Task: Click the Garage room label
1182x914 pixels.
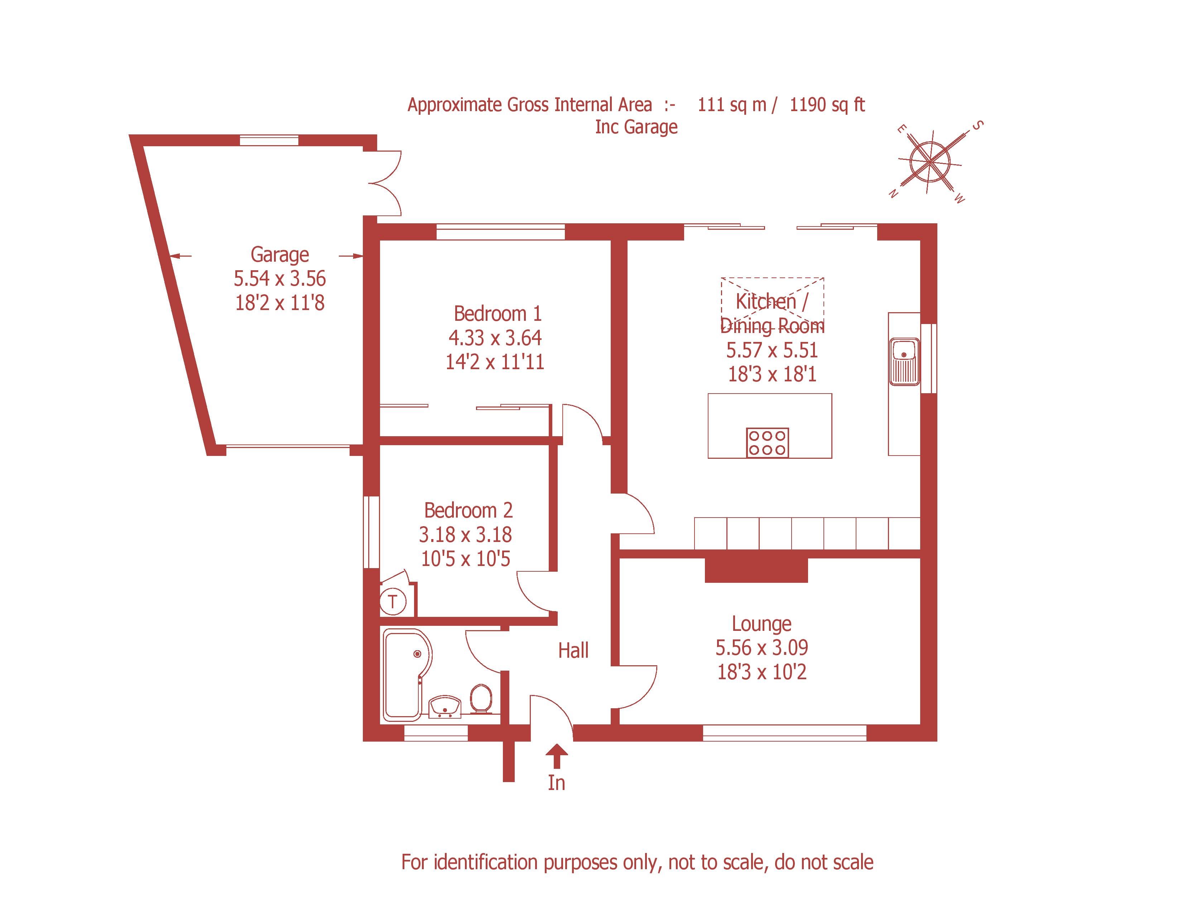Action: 280,254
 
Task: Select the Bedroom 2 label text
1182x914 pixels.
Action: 468,511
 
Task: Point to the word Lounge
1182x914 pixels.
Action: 761,624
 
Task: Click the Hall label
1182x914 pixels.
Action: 573,650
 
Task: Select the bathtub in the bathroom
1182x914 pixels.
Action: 406,674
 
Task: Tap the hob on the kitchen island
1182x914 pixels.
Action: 768,442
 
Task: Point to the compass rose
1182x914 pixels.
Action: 930,161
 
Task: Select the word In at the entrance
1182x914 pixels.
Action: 556,783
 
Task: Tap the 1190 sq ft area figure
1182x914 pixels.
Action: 827,105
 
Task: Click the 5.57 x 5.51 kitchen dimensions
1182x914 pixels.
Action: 772,350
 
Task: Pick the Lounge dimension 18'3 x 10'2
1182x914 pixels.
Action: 761,672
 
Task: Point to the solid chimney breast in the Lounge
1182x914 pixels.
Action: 756,570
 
